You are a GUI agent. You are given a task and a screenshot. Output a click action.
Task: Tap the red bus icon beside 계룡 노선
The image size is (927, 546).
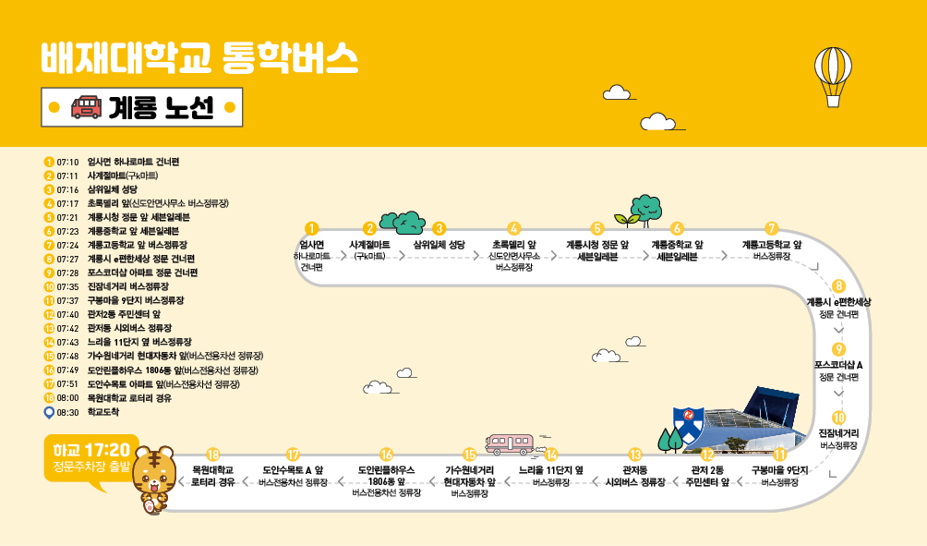point(86,107)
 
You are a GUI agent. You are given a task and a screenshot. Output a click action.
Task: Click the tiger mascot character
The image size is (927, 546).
point(152,479)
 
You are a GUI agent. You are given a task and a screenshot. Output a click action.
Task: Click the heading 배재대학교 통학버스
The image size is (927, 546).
point(199,57)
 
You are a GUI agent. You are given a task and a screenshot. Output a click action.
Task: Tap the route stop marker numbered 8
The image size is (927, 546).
point(838,286)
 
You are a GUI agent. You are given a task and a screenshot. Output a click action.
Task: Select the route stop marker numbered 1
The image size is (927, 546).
point(312,227)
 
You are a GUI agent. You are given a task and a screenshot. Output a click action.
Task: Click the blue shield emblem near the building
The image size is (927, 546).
point(688,424)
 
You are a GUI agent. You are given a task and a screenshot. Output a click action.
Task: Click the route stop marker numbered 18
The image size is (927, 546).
point(212,454)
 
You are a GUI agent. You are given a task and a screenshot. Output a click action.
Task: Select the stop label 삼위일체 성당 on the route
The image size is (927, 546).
point(439,245)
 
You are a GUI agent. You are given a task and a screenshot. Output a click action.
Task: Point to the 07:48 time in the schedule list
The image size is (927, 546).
point(68,356)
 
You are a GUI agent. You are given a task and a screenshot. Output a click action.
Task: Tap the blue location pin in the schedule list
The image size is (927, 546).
point(49,412)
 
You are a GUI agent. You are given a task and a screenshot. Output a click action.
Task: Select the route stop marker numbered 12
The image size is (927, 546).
point(707,454)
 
